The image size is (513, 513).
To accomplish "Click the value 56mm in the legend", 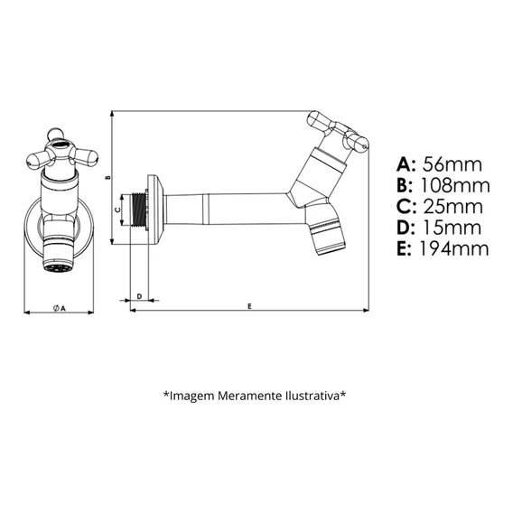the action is [452, 164].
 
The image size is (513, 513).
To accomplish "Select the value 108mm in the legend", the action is [455, 185].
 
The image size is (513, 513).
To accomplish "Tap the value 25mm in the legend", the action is [453, 207].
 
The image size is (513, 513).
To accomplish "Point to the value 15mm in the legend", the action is [452, 228].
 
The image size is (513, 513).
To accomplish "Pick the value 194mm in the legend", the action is [454, 248].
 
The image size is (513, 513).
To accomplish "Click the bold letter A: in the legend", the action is [406, 164].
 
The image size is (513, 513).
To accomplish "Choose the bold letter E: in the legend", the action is [404, 248].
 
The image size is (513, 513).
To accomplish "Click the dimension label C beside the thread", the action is [118, 210].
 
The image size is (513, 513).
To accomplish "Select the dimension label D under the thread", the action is [139, 296].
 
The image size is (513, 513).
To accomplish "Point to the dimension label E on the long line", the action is [249, 306].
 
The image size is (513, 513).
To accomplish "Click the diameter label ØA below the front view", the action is [60, 308].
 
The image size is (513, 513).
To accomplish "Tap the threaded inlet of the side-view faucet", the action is [139, 210].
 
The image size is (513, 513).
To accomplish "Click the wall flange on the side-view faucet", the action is [155, 209].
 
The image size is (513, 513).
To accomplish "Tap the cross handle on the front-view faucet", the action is [61, 151].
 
